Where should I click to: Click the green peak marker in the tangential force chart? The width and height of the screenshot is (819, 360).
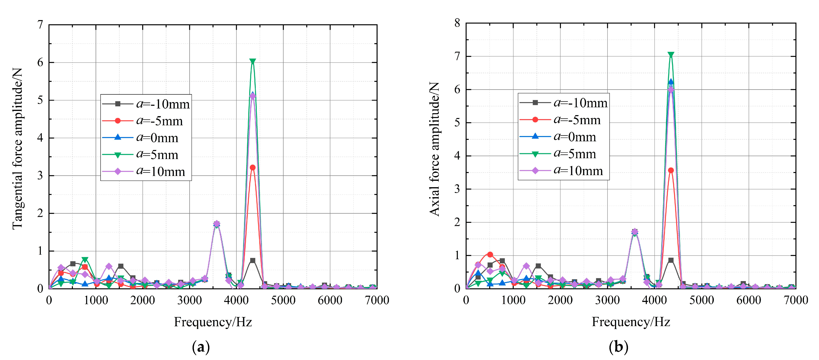pyautogui.click(x=253, y=61)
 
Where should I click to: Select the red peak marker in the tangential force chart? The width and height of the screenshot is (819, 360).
pyautogui.click(x=253, y=168)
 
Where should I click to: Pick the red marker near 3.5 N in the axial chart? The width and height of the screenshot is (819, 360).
pyautogui.click(x=671, y=171)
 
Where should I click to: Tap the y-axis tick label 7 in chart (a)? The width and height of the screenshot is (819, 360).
pyautogui.click(x=40, y=25)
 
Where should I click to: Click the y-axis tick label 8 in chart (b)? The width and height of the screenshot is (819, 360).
pyautogui.click(x=457, y=23)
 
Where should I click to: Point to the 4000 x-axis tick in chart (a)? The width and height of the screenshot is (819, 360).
pyautogui.click(x=236, y=300)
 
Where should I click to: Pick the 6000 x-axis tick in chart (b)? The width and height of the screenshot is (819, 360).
pyautogui.click(x=748, y=300)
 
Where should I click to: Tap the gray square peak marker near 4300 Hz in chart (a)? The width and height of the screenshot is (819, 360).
pyautogui.click(x=253, y=260)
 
